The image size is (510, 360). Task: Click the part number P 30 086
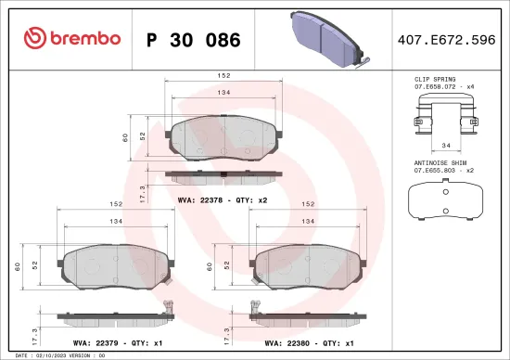point(194,40)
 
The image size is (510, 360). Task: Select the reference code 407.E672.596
point(445,40)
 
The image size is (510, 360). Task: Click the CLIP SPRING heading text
point(434,81)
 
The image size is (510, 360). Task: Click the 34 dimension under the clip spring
point(445,145)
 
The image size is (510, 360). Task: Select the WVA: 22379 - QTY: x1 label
point(103,341)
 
